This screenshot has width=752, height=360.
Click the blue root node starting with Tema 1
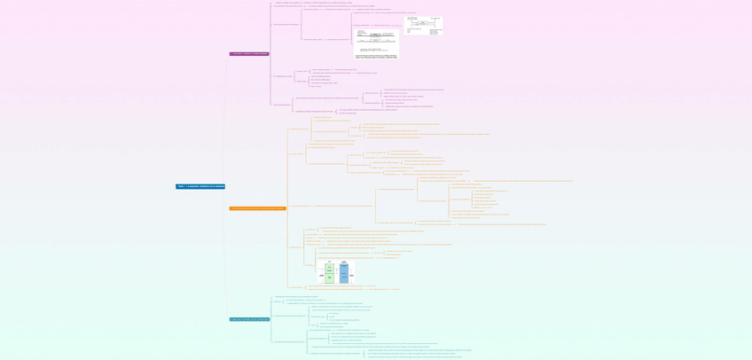tap(200, 186)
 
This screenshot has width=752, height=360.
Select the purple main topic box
tap(249, 54)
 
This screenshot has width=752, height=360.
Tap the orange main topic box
tap(257, 208)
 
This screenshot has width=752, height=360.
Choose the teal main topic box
tap(249, 319)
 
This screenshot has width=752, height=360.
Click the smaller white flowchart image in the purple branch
tap(424, 25)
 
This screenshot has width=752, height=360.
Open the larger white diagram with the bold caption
tap(376, 42)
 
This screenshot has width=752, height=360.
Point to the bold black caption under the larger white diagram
tap(376, 56)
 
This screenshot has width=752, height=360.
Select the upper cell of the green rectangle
tap(329, 269)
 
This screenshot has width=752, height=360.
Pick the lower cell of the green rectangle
tap(329, 278)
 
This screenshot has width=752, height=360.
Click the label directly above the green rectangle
tap(329, 262)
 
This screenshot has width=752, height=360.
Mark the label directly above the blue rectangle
tap(344, 262)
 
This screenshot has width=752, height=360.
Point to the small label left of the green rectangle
tap(321, 276)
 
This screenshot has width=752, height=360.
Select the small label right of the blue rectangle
tap(352, 276)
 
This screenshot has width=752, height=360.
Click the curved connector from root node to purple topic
tap(227, 115)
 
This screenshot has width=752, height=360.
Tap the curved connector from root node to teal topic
tap(227, 257)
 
